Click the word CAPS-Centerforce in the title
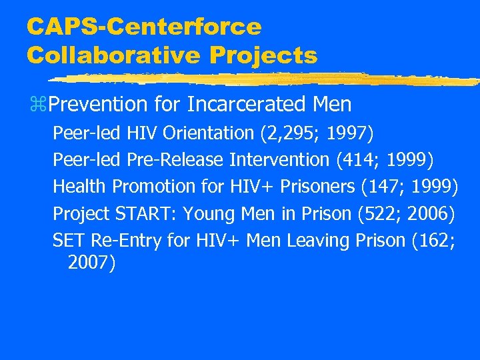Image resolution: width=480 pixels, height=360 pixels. coord(144,27)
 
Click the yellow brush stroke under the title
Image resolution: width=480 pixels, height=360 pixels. coord(267,79)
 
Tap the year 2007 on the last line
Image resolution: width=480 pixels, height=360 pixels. coord(90,263)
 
